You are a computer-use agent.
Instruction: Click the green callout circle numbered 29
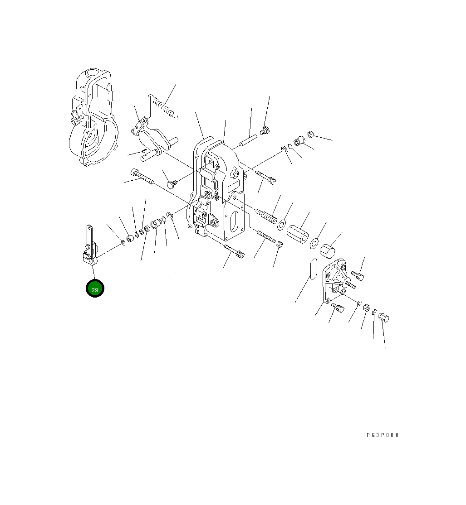tap(95, 288)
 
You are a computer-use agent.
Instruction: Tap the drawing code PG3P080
tap(383, 435)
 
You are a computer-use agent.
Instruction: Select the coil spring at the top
tap(163, 106)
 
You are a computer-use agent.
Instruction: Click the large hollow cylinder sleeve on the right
tap(298, 234)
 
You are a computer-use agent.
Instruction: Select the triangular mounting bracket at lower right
tap(336, 280)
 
